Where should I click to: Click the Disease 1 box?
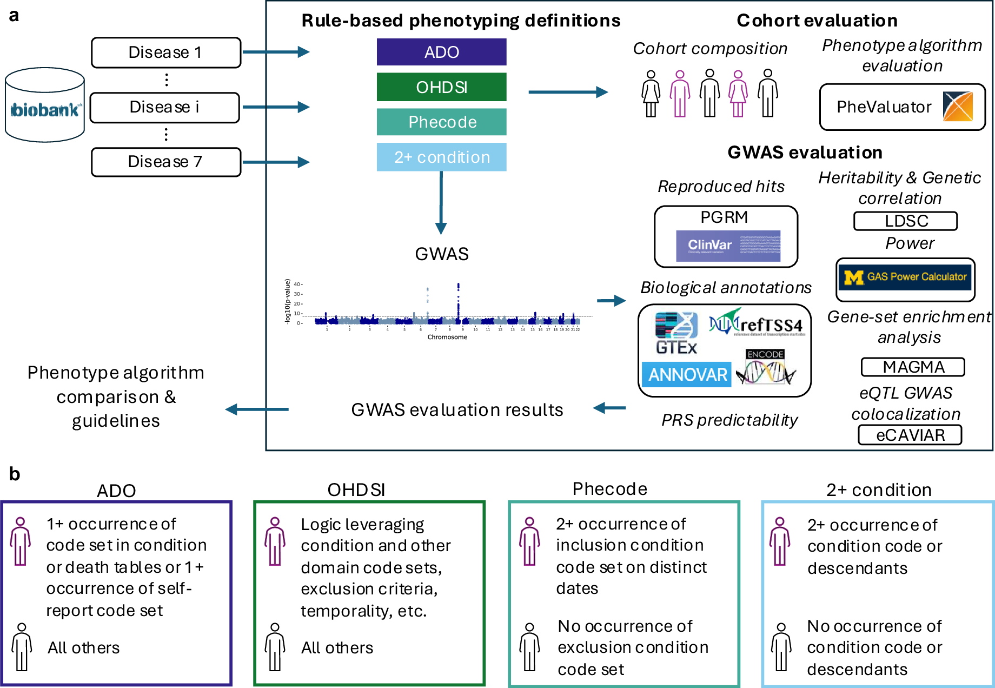[x=166, y=52]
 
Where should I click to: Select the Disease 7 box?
[x=166, y=162]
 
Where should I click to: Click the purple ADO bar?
[x=441, y=52]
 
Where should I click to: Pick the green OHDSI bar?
[x=441, y=87]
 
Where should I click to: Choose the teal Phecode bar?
[x=441, y=122]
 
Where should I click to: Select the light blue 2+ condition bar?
[x=441, y=157]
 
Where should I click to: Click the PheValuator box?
[x=902, y=107]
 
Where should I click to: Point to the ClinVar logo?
[x=728, y=246]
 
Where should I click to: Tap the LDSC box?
[x=906, y=221]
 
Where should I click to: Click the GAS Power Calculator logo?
[x=906, y=277]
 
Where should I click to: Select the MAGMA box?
[x=913, y=367]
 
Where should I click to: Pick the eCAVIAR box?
[x=910, y=435]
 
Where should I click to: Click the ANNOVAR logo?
[x=687, y=374]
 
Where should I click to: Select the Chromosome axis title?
[x=447, y=337]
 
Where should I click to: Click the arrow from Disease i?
[x=276, y=107]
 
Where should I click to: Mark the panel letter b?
[x=15, y=474]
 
